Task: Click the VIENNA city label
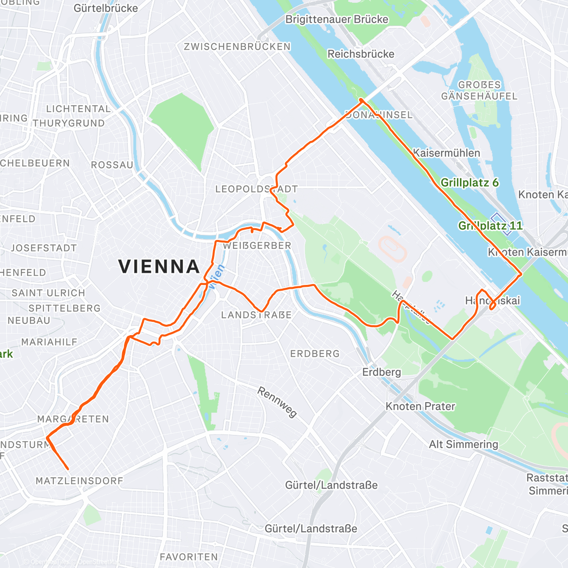pyautogui.click(x=159, y=266)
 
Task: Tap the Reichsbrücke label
pyautogui.click(x=361, y=54)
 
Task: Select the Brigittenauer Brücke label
pyautogui.click(x=337, y=19)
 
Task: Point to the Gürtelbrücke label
pyautogui.click(x=106, y=8)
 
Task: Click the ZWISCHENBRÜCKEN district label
pyautogui.click(x=237, y=46)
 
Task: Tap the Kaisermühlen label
pyautogui.click(x=446, y=153)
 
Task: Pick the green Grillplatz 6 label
pyautogui.click(x=470, y=183)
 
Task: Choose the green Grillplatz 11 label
pyautogui.click(x=490, y=226)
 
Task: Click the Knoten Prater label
pyautogui.click(x=420, y=406)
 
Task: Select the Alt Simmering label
pyautogui.click(x=463, y=444)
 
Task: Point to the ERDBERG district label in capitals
pyautogui.click(x=315, y=354)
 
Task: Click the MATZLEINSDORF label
pyautogui.click(x=80, y=481)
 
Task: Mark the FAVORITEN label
pyautogui.click(x=188, y=557)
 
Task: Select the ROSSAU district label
pyautogui.click(x=112, y=165)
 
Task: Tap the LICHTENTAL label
pyautogui.click(x=78, y=109)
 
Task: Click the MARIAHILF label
pyautogui.click(x=49, y=342)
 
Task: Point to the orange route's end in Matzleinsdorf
pyautogui.click(x=68, y=469)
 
